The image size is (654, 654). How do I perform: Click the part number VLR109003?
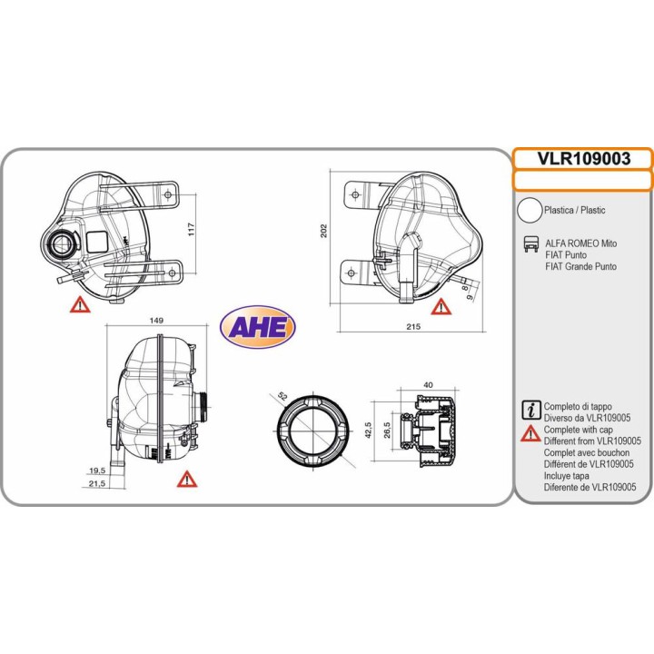click(x=583, y=158)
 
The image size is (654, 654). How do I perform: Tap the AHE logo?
click(x=258, y=327)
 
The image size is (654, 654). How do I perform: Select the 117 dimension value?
click(x=192, y=229)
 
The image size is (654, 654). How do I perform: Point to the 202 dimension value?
click(x=323, y=231)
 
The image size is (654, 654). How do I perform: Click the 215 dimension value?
click(x=413, y=327)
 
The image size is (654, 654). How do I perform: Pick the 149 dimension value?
click(x=156, y=321)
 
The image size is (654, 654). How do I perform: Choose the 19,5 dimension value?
click(x=97, y=471)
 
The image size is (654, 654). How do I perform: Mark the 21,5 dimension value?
click(x=97, y=484)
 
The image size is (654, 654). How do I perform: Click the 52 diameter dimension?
click(x=282, y=396)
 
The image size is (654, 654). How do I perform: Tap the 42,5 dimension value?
click(x=368, y=430)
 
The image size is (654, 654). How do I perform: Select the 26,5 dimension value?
click(x=387, y=430)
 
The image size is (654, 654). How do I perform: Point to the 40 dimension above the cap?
click(x=428, y=385)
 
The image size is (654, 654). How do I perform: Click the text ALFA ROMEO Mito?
click(x=581, y=243)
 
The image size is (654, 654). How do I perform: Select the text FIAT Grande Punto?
click(x=581, y=266)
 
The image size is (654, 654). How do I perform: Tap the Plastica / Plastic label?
click(x=575, y=210)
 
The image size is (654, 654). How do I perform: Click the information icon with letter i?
click(x=531, y=410)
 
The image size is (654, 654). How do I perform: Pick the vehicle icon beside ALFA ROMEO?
click(x=531, y=244)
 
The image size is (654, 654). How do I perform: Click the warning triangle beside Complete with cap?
click(x=530, y=434)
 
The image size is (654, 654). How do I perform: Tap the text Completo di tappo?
click(x=578, y=406)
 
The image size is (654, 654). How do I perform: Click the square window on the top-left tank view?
click(x=97, y=242)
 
